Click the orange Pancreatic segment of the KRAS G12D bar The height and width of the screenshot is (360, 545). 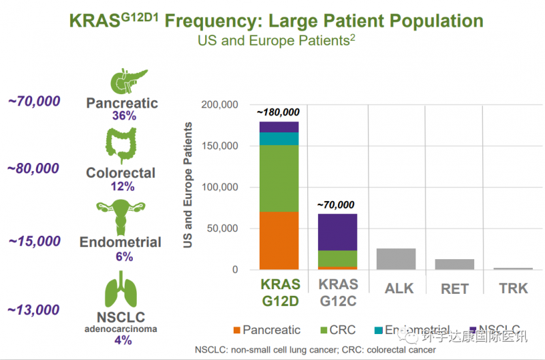tap(279, 241)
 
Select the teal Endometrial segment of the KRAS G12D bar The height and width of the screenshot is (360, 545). tap(279, 138)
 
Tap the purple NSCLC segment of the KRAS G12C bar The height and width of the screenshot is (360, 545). tap(338, 232)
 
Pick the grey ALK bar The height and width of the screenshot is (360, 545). tap(396, 259)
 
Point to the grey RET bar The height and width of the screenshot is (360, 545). tap(454, 264)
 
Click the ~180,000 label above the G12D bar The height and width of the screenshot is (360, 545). tap(279, 112)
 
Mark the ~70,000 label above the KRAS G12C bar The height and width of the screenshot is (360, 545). tap(337, 204)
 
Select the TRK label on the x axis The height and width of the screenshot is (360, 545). tap(513, 288)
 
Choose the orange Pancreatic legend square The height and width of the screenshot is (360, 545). tap(237, 330)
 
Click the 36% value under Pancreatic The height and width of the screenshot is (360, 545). tap(124, 116)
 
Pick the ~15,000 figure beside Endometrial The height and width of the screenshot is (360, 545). tap(34, 241)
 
